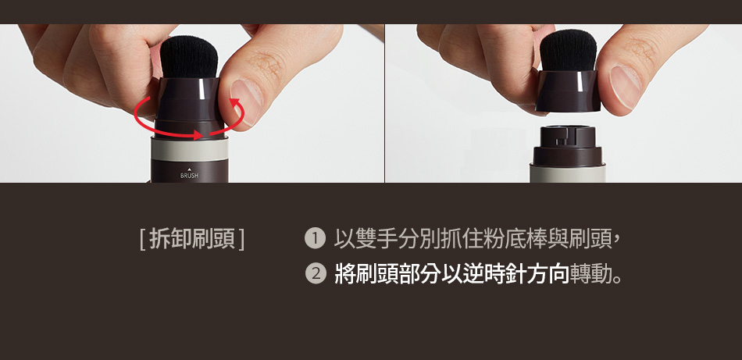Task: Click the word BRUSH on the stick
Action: (x=189, y=176)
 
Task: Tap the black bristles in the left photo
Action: (x=189, y=58)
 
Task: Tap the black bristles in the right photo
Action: (x=568, y=51)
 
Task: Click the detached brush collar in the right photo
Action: (x=568, y=91)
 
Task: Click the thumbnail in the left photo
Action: (x=246, y=97)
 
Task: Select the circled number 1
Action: (x=315, y=238)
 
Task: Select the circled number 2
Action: (x=316, y=273)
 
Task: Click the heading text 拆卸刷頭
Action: (x=192, y=239)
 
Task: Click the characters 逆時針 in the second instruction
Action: (x=483, y=273)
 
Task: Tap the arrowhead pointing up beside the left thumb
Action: (x=234, y=102)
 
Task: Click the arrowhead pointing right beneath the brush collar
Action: (x=198, y=135)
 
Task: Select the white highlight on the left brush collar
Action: (x=202, y=89)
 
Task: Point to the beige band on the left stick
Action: (x=189, y=149)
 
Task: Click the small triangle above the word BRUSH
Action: (x=189, y=169)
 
